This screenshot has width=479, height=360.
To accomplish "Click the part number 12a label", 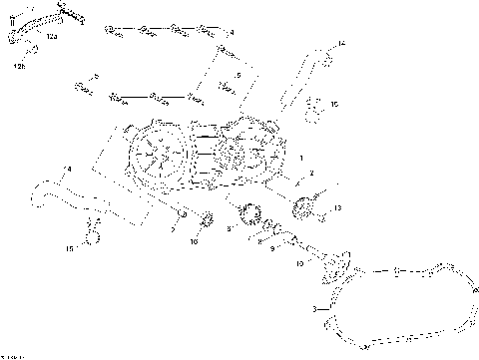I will [52, 36].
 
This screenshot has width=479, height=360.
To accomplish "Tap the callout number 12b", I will [19, 67].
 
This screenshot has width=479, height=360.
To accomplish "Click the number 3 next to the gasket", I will [315, 311].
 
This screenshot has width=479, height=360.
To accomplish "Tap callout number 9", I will [271, 249].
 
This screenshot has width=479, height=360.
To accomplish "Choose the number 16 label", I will [195, 240].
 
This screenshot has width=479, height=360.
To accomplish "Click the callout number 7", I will [173, 230].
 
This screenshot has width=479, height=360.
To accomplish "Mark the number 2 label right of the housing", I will [311, 174].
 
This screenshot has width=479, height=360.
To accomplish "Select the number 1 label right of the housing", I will [301, 159].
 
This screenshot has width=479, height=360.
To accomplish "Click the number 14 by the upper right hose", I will [340, 44].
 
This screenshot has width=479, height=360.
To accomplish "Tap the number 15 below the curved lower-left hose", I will [69, 248].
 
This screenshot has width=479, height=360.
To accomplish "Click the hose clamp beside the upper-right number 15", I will [312, 103].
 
